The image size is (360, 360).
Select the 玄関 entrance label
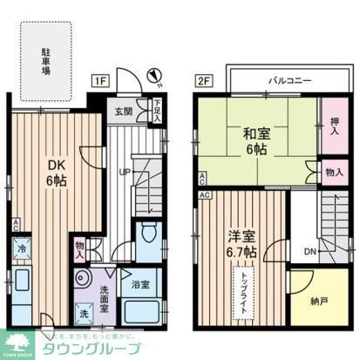(x=123, y=112)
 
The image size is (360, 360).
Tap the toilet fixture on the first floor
(x=148, y=235)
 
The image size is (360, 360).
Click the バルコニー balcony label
(x=285, y=80)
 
